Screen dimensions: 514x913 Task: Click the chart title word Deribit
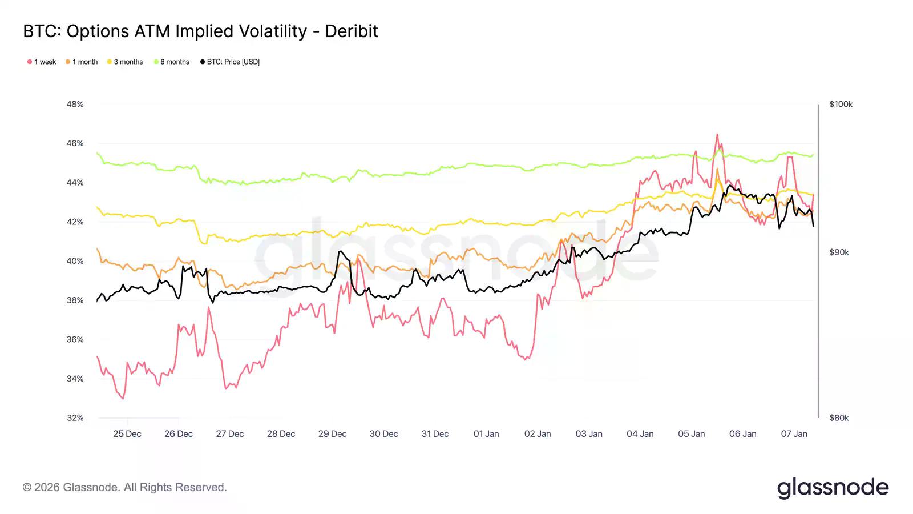tap(352, 31)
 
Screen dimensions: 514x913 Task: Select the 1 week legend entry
tap(42, 62)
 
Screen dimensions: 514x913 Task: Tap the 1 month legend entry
tap(82, 62)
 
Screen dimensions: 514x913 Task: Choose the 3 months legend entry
tap(125, 62)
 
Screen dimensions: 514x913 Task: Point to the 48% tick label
tap(75, 104)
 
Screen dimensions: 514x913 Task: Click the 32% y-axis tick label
tap(75, 417)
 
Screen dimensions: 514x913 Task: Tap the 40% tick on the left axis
tap(75, 261)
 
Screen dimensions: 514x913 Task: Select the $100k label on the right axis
tap(841, 104)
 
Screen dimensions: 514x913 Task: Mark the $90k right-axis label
tap(839, 252)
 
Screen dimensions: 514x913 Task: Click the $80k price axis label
tap(839, 417)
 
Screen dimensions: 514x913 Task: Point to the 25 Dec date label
tap(127, 434)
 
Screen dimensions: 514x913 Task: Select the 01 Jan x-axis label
tap(486, 434)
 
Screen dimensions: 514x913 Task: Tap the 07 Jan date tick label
tap(794, 434)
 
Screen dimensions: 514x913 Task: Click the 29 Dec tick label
tap(332, 434)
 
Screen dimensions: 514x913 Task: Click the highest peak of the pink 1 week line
tap(717, 135)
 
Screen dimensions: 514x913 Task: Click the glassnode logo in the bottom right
tap(833, 488)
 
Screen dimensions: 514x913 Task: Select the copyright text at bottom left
tap(125, 487)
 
